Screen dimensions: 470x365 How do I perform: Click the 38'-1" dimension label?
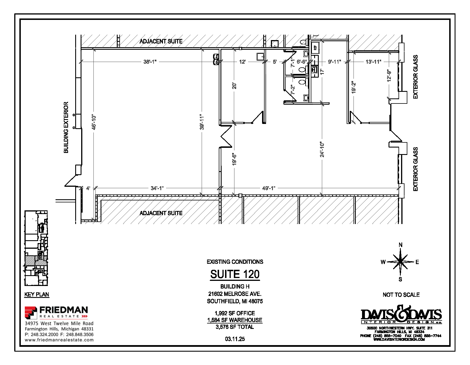[x=150, y=62]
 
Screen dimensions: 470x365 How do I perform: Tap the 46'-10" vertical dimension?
[x=94, y=122]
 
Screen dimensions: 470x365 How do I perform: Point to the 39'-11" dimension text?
[x=202, y=122]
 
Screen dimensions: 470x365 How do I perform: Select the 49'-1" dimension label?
[x=269, y=188]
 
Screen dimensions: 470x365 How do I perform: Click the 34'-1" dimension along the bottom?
[x=157, y=188]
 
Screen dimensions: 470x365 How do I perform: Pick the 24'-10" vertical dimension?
[x=322, y=149]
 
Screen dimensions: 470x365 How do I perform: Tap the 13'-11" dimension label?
[x=373, y=62]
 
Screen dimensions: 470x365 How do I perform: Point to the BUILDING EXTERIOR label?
[x=66, y=127]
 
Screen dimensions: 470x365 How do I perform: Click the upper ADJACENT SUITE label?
[x=161, y=41]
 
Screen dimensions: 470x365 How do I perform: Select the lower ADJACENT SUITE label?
[x=161, y=213]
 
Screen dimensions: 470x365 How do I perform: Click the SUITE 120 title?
[x=235, y=274]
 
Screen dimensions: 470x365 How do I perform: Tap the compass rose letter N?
[x=400, y=245]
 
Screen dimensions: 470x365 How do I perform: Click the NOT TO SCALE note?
[x=401, y=295]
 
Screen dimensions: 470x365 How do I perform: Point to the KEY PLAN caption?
[x=37, y=295]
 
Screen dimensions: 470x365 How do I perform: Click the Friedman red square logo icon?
[x=31, y=312]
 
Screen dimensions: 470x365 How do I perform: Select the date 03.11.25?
[x=235, y=339]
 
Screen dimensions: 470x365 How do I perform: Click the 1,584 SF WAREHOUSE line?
[x=235, y=320]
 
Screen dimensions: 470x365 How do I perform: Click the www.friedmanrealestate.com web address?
[x=59, y=340]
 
